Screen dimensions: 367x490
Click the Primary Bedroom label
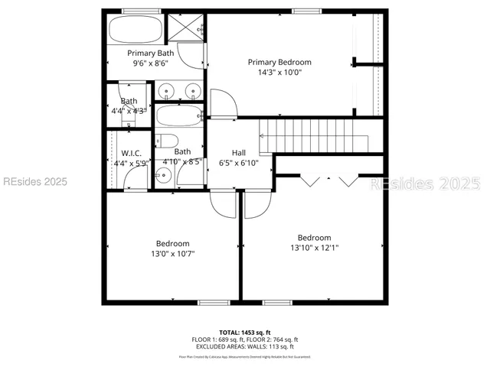(279, 62)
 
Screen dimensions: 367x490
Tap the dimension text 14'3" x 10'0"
(279, 74)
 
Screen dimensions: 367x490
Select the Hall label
(239, 151)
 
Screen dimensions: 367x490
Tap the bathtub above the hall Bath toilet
(178, 116)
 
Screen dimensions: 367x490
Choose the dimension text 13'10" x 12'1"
(314, 248)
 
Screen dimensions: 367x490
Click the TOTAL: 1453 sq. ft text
(244, 332)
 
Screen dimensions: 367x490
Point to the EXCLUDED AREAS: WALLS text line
(244, 346)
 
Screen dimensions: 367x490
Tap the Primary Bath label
(150, 53)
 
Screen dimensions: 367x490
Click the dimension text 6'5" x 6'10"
(239, 162)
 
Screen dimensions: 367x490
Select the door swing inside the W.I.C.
(136, 177)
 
